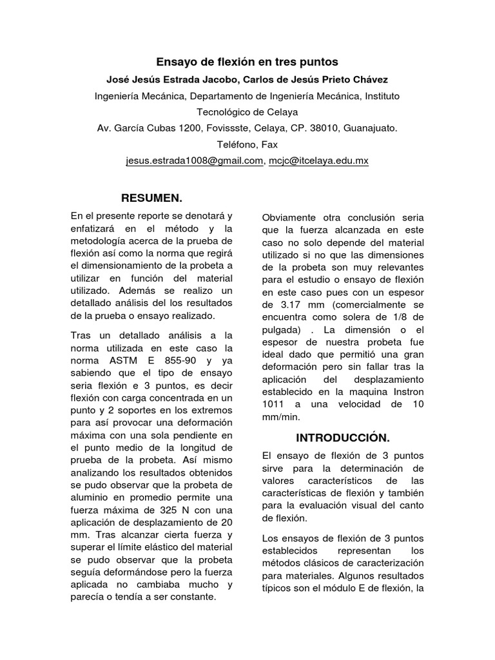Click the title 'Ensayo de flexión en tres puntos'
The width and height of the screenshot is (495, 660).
tap(247, 63)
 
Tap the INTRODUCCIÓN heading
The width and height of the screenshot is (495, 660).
tap(343, 438)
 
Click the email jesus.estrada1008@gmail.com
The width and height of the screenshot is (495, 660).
tap(195, 161)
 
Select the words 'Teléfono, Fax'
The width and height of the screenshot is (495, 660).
tap(247, 144)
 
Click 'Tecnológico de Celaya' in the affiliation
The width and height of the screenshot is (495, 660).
tap(247, 112)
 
